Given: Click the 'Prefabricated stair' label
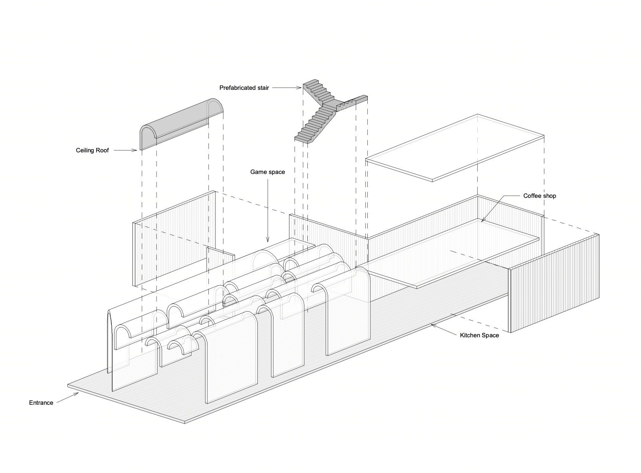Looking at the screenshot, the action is pos(244,88).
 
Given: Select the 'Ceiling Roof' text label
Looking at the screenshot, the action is pos(92,150).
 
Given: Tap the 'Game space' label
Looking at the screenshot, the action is pos(267,172).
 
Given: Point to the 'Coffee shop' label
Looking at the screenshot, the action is pos(539,196).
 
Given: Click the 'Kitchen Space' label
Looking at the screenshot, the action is pos(479,335).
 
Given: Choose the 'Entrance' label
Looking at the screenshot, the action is pos(41,403).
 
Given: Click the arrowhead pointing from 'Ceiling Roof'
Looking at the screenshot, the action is pos(134,150).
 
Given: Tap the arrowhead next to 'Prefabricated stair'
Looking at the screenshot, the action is pos(299,88).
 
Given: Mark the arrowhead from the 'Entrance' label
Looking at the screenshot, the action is pos(76,394).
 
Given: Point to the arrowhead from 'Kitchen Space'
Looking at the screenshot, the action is pos(433,325).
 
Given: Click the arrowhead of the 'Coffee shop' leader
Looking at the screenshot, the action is pos(483,220).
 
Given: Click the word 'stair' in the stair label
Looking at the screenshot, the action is pos(262,88).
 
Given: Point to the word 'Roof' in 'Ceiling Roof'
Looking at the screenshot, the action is pos(103,150).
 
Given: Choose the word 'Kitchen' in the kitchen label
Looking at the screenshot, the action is pos(469,335).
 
